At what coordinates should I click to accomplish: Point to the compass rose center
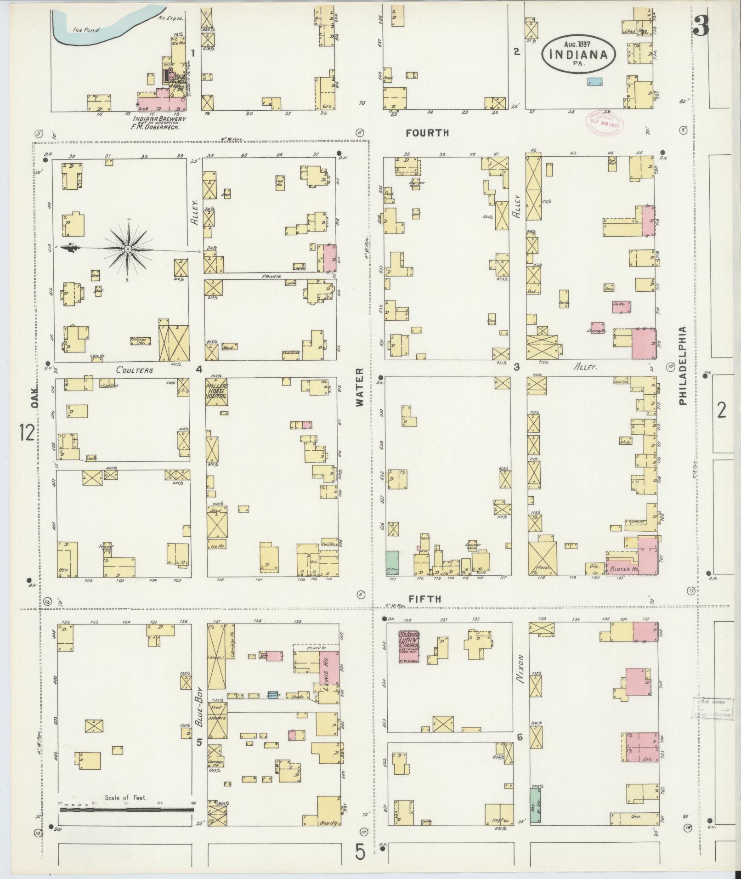tap(129, 249)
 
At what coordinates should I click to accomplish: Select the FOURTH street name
tap(427, 133)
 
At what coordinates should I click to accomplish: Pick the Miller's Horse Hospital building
tap(216, 391)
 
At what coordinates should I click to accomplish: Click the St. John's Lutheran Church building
tap(411, 646)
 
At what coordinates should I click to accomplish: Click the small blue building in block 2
tap(595, 81)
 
